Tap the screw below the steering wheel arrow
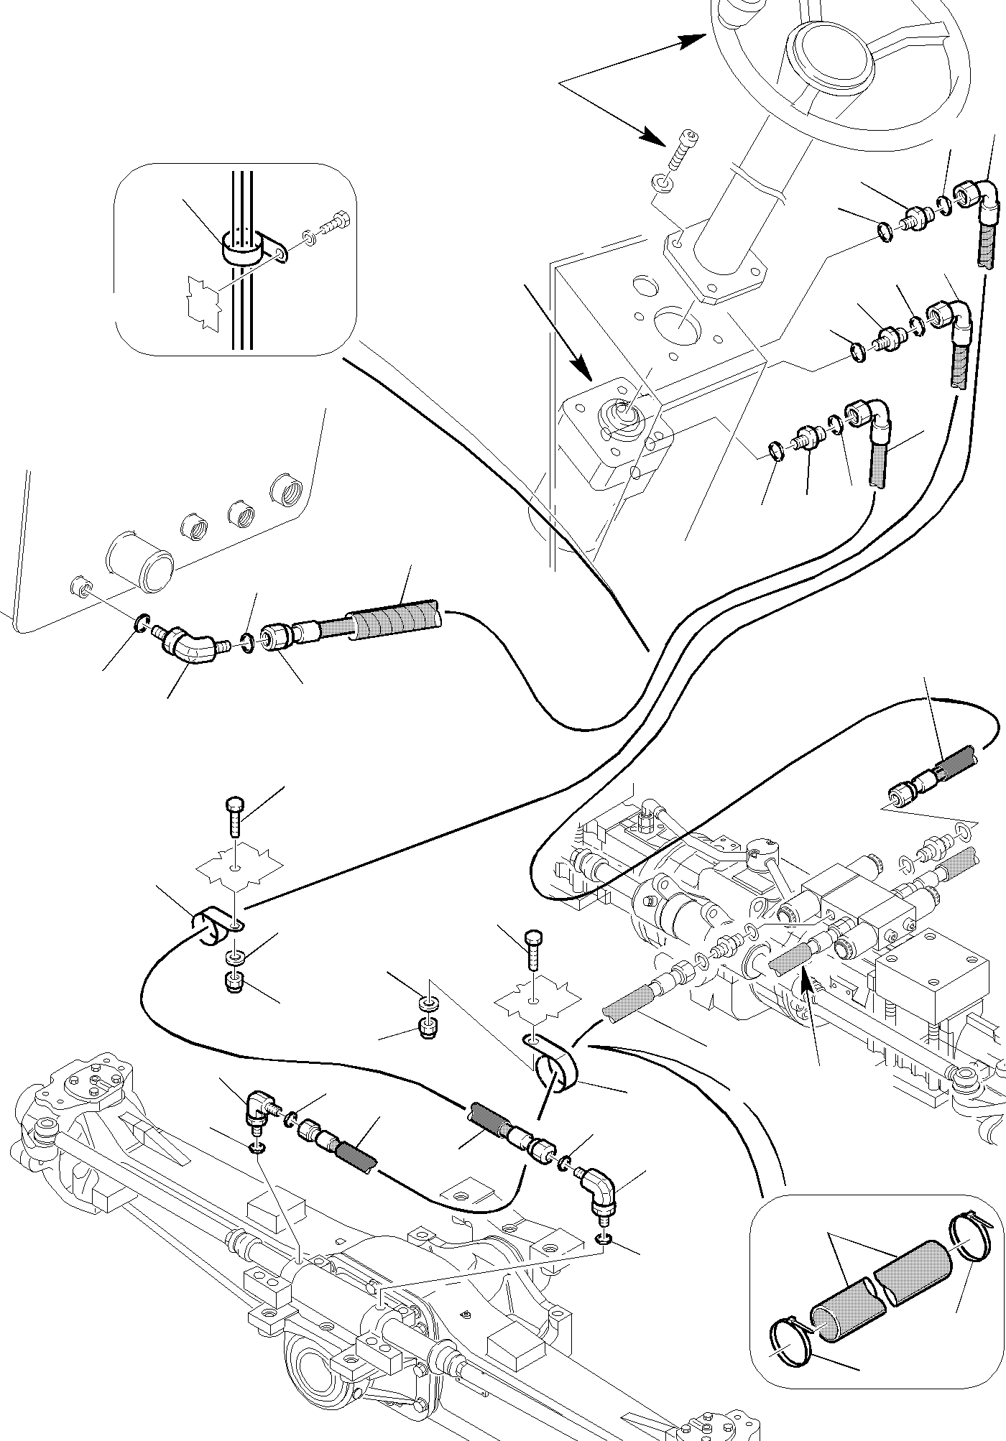tap(682, 154)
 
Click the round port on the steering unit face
tap(622, 417)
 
